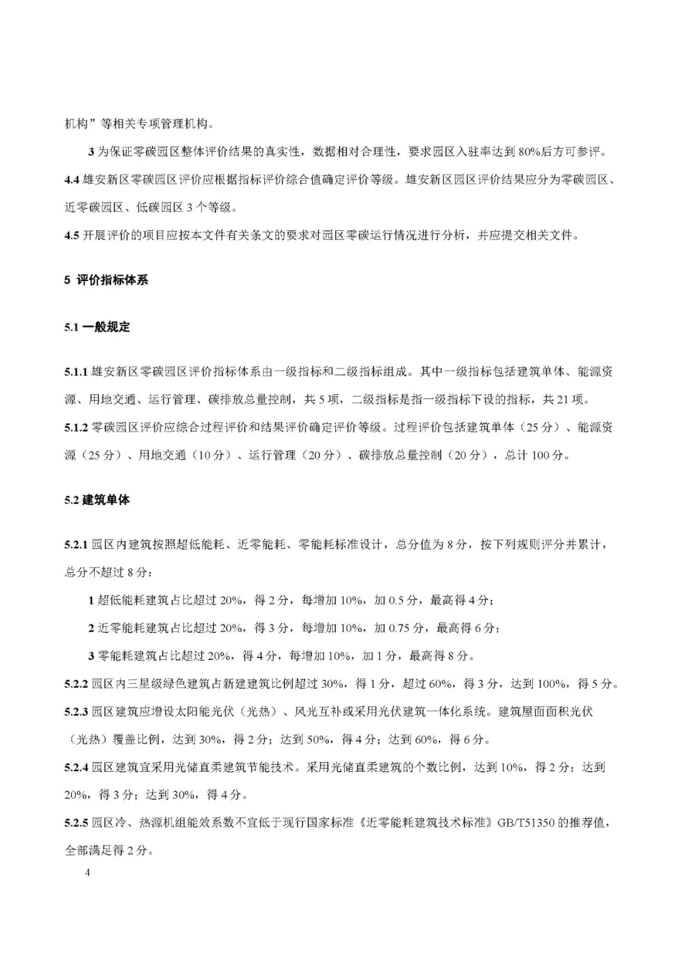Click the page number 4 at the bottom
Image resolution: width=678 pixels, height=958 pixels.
coord(88,873)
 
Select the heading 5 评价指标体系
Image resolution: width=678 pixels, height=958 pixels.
coord(106,280)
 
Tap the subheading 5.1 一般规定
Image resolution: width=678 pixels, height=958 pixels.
coord(97,327)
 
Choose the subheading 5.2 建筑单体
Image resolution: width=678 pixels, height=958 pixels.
coord(97,500)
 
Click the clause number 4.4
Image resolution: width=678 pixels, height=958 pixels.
coord(72,179)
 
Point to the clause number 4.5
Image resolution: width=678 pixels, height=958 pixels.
coord(72,235)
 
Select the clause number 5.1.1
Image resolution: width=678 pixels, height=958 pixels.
coord(75,371)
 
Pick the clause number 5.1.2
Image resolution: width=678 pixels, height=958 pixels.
coord(75,427)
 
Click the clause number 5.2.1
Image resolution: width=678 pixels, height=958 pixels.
coord(75,545)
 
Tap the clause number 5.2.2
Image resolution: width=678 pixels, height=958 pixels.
coord(75,683)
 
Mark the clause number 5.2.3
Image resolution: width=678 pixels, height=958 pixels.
coord(75,711)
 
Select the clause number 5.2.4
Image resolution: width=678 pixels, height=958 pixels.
coord(75,767)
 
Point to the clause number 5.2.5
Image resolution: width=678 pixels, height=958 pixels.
coord(75,822)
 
